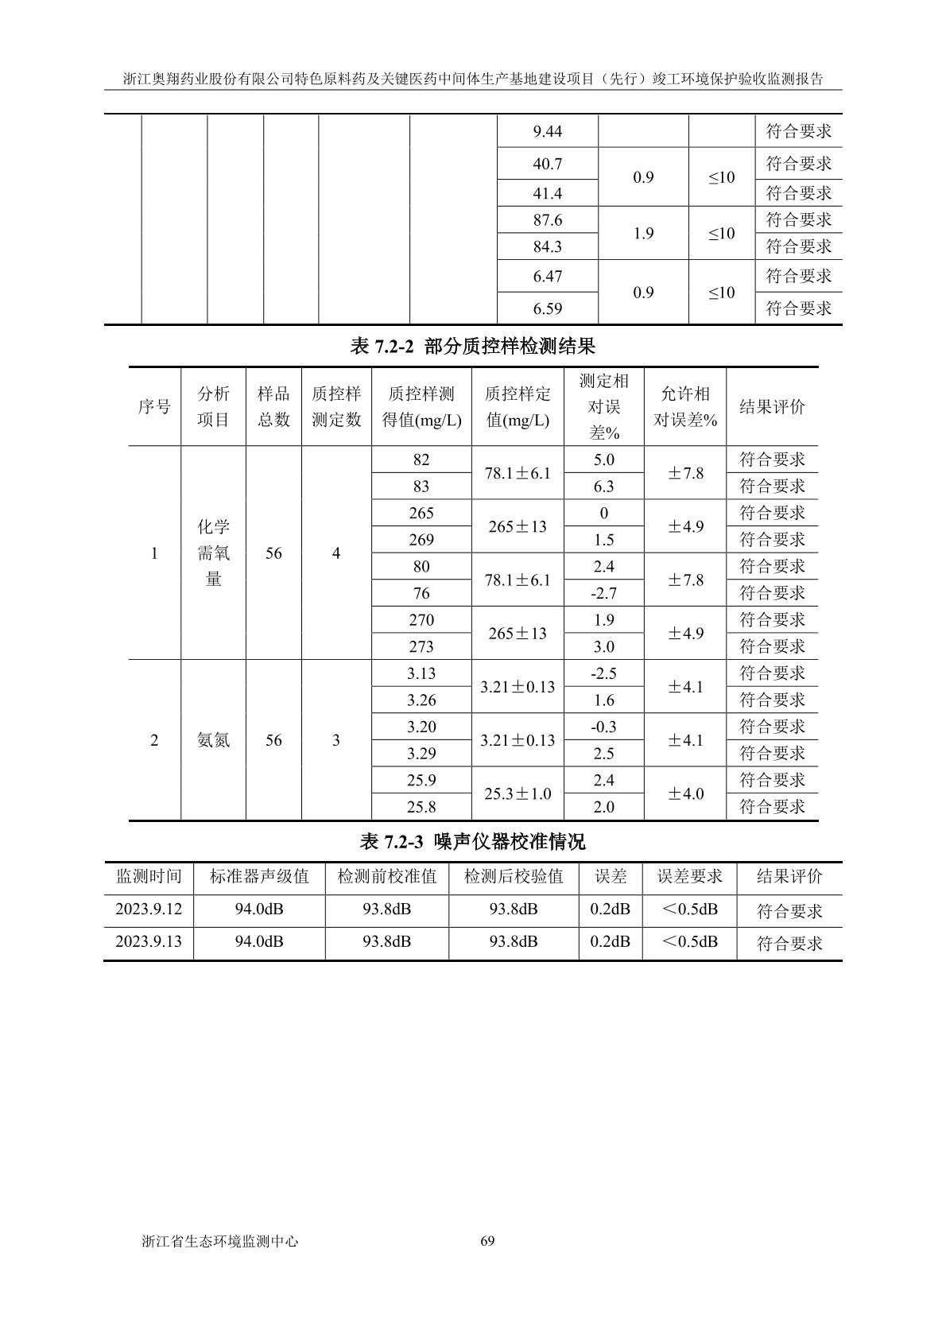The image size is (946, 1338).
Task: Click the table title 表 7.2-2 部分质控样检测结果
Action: (x=472, y=347)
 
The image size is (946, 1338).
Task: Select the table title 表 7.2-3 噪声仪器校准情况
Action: (x=472, y=841)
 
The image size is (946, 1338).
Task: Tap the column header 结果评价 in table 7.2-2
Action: (x=772, y=407)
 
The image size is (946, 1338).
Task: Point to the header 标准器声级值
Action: (x=258, y=877)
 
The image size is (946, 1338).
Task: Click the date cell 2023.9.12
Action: (x=149, y=909)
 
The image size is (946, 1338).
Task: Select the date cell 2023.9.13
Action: (x=149, y=941)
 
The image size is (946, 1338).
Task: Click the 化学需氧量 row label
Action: (x=213, y=553)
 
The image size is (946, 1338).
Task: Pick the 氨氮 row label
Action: (x=213, y=740)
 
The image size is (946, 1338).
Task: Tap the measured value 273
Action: (x=421, y=646)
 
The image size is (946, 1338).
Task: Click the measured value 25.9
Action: (x=421, y=780)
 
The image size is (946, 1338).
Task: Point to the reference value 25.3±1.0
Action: (x=518, y=793)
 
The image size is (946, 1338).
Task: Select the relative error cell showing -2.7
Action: (x=603, y=593)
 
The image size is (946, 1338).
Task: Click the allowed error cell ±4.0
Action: (x=684, y=793)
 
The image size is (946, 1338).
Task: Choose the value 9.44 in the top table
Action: (x=547, y=131)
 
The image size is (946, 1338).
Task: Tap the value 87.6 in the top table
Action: (x=547, y=220)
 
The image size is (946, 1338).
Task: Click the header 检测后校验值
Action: (x=514, y=877)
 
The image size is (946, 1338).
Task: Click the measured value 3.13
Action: (x=421, y=673)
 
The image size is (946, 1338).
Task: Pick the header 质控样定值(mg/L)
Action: (x=518, y=407)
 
